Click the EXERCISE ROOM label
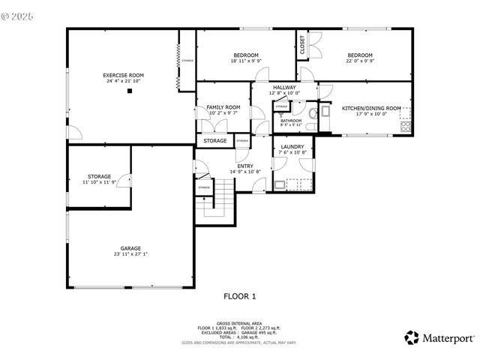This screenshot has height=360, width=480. (x=123, y=76)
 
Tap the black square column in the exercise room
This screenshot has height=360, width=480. (x=130, y=91)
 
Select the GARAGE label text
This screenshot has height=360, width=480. (x=130, y=248)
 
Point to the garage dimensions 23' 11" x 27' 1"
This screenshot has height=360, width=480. (x=130, y=254)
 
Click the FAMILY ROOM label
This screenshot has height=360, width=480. (x=223, y=107)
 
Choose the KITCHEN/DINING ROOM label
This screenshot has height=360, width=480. (x=371, y=109)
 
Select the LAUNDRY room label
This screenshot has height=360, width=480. (x=292, y=147)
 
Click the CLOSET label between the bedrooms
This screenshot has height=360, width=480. (x=302, y=46)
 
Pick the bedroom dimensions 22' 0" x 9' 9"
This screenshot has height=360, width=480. (x=360, y=61)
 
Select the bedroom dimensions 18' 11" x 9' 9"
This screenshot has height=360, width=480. (x=245, y=61)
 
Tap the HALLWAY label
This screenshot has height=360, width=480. (x=284, y=88)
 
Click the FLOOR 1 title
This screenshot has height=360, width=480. (x=239, y=296)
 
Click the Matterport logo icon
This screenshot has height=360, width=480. (x=412, y=337)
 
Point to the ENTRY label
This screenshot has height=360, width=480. (x=244, y=166)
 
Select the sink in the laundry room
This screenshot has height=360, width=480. (x=280, y=183)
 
